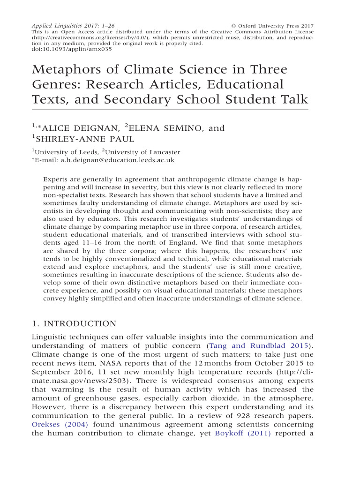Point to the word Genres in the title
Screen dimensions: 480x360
[x=56, y=85]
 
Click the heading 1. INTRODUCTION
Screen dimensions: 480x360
[x=74, y=324]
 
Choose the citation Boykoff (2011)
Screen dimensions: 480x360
[x=242, y=433]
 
